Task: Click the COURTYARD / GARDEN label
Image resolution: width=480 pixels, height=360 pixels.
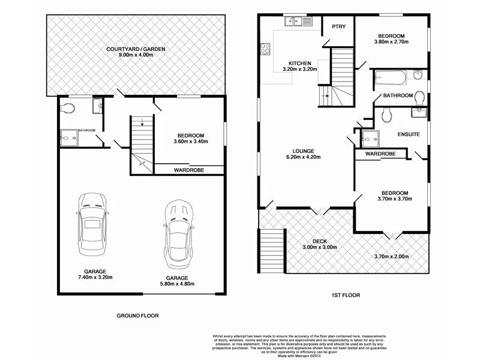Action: coord(136,49)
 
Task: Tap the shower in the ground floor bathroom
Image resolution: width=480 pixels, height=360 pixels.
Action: coord(70,138)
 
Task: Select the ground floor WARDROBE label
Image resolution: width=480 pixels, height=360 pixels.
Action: coord(189,170)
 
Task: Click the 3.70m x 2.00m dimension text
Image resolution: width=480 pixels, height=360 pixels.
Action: coord(391,257)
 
